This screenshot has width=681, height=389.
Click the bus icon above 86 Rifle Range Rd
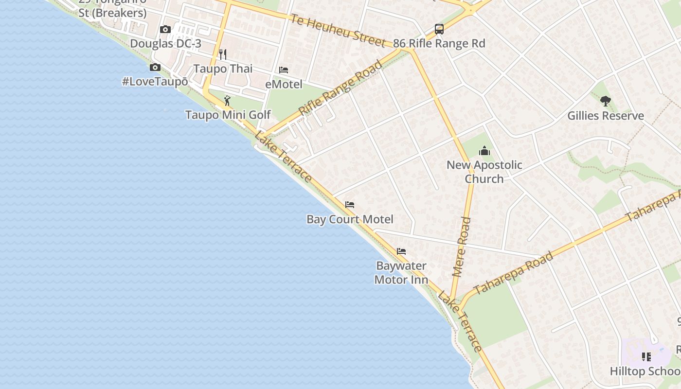click(x=439, y=29)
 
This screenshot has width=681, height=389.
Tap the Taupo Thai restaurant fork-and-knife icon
click(x=223, y=54)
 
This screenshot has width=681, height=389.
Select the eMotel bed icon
click(x=284, y=70)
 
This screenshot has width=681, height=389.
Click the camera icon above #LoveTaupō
click(x=155, y=68)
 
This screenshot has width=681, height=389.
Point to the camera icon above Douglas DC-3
click(x=165, y=30)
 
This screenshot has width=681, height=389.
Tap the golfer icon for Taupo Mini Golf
click(x=227, y=101)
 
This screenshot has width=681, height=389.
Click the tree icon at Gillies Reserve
click(x=605, y=101)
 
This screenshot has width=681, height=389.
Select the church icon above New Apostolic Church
click(x=484, y=151)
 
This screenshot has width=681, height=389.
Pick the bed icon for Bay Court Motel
click(x=350, y=205)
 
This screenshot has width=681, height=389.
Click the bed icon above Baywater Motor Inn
click(x=401, y=251)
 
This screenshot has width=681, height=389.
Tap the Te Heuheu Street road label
click(x=339, y=30)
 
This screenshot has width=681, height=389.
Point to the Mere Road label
click(x=462, y=248)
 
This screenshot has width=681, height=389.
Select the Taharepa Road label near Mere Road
click(x=513, y=273)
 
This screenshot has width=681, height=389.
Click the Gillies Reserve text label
click(x=606, y=116)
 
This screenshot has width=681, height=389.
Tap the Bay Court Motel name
click(x=350, y=219)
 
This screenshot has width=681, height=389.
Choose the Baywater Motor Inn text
click(x=401, y=273)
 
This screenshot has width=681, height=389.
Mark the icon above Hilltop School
click(x=646, y=357)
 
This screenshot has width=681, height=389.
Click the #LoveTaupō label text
click(x=155, y=81)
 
